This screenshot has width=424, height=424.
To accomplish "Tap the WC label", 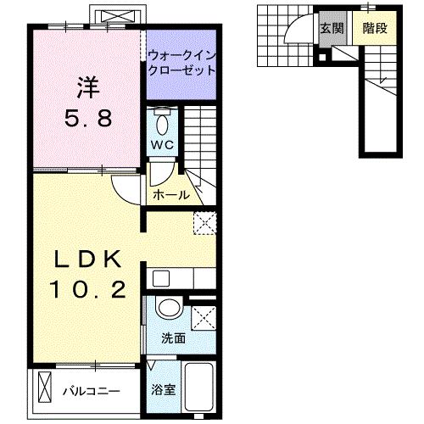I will click(162, 144).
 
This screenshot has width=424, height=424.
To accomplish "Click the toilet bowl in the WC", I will click(162, 119).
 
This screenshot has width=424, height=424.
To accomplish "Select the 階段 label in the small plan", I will click(374, 27).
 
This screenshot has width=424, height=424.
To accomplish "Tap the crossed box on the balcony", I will click(45, 390).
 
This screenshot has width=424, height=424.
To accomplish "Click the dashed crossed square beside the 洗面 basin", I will click(204, 318).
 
